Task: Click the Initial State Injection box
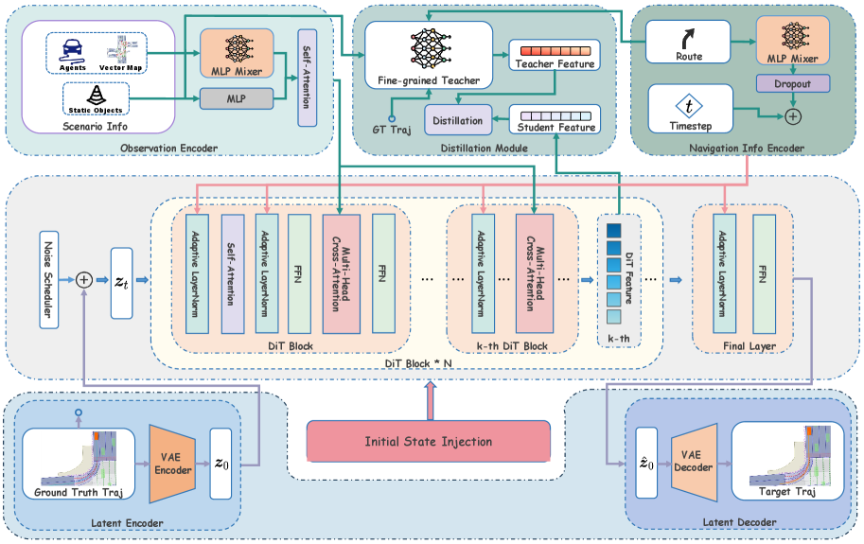click(x=428, y=441)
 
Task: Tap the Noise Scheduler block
click(x=50, y=279)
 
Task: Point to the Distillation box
click(x=459, y=121)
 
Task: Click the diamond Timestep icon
click(x=689, y=107)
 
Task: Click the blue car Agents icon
click(x=73, y=47)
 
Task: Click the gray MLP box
click(x=236, y=97)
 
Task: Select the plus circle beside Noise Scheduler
click(x=84, y=279)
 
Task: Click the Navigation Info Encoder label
click(x=747, y=148)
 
